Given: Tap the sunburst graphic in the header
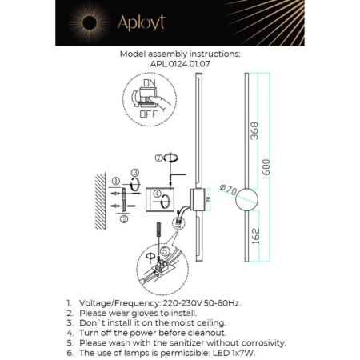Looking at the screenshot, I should pyautogui.click(x=84, y=22).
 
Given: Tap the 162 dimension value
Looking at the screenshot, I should pyautogui.click(x=254, y=236).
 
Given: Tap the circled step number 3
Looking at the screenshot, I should pyautogui.click(x=134, y=172).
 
